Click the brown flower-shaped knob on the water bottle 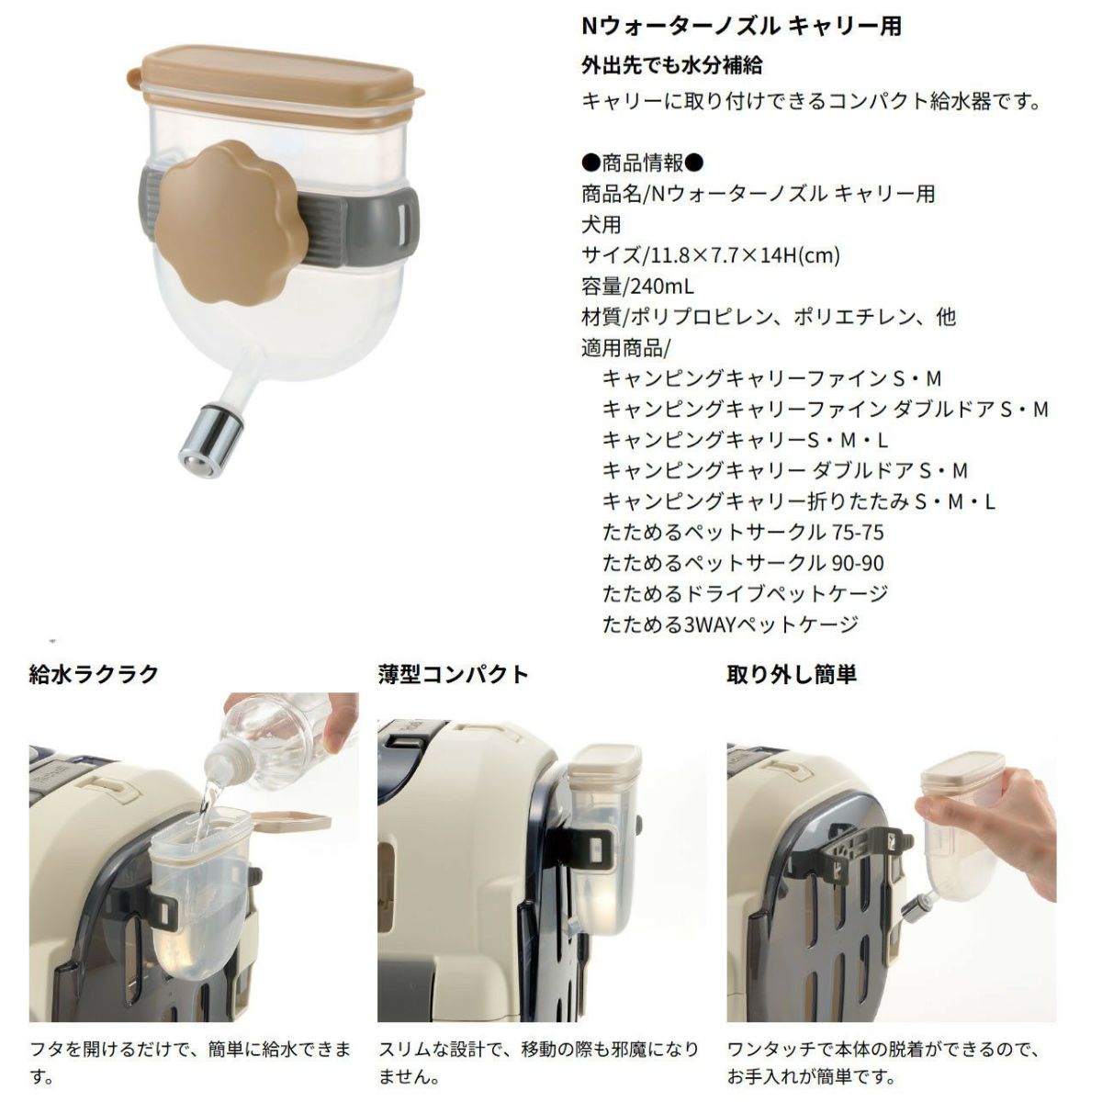point(228,222)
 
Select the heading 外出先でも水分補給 point(671,66)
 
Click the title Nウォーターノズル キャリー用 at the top point(741,27)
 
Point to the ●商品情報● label point(642,163)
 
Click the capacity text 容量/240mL point(637,286)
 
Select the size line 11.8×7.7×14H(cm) point(710,255)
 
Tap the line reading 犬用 point(601,225)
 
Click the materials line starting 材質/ point(769,317)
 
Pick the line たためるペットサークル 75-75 point(743,533)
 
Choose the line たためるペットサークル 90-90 point(743,563)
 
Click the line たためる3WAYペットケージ point(730,624)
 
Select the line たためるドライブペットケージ point(745,593)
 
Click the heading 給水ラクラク point(94,675)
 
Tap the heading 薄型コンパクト point(453,675)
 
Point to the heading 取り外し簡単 point(792,675)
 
